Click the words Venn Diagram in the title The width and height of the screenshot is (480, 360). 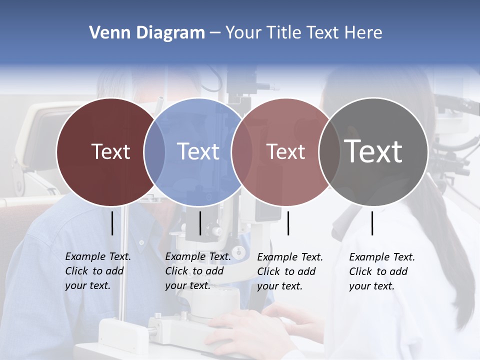(x=147, y=33)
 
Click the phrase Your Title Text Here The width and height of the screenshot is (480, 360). (x=303, y=33)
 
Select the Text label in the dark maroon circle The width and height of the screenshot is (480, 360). (x=110, y=151)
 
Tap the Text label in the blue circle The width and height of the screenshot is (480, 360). (x=198, y=151)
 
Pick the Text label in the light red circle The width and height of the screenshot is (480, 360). (x=285, y=151)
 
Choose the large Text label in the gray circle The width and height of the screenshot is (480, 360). (x=373, y=151)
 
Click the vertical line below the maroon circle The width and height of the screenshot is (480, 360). (x=112, y=223)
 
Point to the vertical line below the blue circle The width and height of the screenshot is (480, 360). (x=200, y=223)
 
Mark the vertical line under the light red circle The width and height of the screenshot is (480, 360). (x=288, y=223)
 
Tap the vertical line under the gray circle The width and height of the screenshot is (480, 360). (x=372, y=223)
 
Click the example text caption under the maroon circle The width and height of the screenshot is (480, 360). (x=98, y=271)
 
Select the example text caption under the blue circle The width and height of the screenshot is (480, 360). (x=198, y=271)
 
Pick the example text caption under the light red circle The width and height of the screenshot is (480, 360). (x=290, y=271)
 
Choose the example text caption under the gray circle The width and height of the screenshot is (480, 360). (x=382, y=271)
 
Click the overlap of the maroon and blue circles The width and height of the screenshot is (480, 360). (x=154, y=151)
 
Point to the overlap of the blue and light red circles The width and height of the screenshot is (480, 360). (x=242, y=151)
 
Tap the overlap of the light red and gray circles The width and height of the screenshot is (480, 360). (x=328, y=151)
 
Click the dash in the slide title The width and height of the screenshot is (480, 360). (x=215, y=33)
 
